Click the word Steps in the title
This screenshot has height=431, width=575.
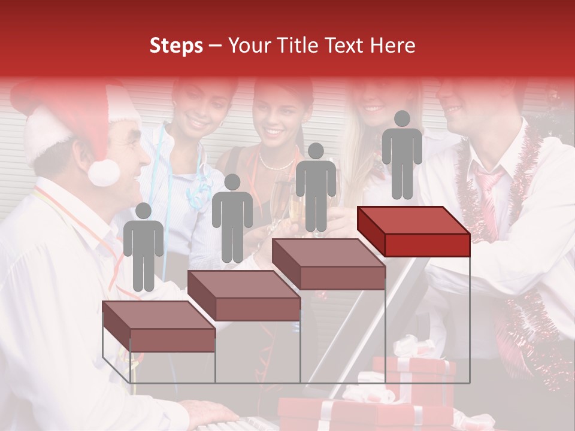tap(176, 45)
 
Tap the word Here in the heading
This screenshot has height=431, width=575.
tap(393, 45)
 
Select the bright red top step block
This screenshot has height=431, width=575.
tap(413, 230)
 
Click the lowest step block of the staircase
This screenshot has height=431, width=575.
tap(159, 326)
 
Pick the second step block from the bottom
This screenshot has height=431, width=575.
tap(244, 295)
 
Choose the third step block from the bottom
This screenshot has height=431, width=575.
tap(328, 264)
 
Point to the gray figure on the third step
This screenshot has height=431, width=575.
tap(316, 188)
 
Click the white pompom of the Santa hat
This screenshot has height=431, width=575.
tap(104, 172)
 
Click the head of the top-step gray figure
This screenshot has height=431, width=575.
tap(402, 119)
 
